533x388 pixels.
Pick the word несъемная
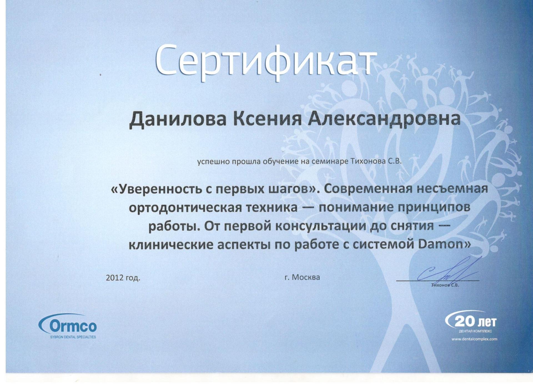[453, 189]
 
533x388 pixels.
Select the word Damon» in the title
[444, 244]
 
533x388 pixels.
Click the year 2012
[114, 278]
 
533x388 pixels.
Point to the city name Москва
[306, 277]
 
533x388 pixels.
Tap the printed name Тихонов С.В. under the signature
[445, 285]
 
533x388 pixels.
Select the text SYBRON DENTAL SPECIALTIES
[73, 337]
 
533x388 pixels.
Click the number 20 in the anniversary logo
[465, 322]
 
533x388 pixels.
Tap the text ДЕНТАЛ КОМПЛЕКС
[475, 331]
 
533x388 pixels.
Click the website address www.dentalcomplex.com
[474, 339]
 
